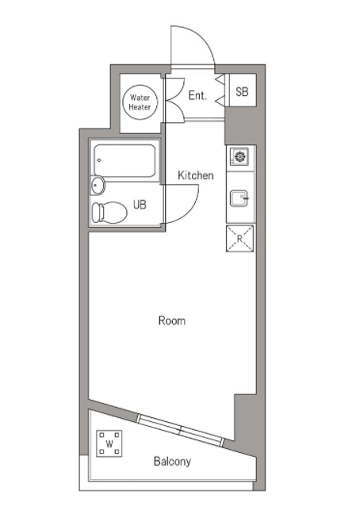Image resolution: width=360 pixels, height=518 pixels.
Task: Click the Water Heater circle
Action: tap(140, 102)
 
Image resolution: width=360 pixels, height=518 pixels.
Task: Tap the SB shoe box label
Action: tap(242, 91)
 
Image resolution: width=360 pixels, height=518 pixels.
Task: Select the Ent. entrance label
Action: tap(197, 95)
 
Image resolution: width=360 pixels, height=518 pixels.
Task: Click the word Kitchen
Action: tap(196, 175)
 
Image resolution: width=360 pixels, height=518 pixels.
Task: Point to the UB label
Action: tap(140, 205)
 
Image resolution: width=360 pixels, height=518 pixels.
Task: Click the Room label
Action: tap(172, 320)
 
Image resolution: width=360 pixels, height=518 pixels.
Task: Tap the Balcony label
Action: tap(172, 462)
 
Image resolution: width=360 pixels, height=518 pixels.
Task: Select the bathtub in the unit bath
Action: tap(124, 160)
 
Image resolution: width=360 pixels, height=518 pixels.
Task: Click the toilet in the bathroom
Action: tap(109, 213)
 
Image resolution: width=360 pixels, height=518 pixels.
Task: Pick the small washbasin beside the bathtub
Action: tap(98, 186)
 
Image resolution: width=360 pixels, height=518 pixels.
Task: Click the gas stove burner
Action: tap(239, 156)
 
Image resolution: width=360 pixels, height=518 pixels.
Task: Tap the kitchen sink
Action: tap(239, 198)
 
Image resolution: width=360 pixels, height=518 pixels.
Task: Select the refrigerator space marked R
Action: tap(239, 239)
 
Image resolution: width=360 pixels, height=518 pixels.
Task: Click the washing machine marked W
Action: tap(109, 443)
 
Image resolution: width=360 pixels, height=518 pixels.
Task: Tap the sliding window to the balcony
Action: tap(180, 430)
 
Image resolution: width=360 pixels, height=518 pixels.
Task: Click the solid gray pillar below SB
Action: tap(240, 125)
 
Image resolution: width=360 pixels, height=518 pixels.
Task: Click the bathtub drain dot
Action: tap(99, 160)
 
